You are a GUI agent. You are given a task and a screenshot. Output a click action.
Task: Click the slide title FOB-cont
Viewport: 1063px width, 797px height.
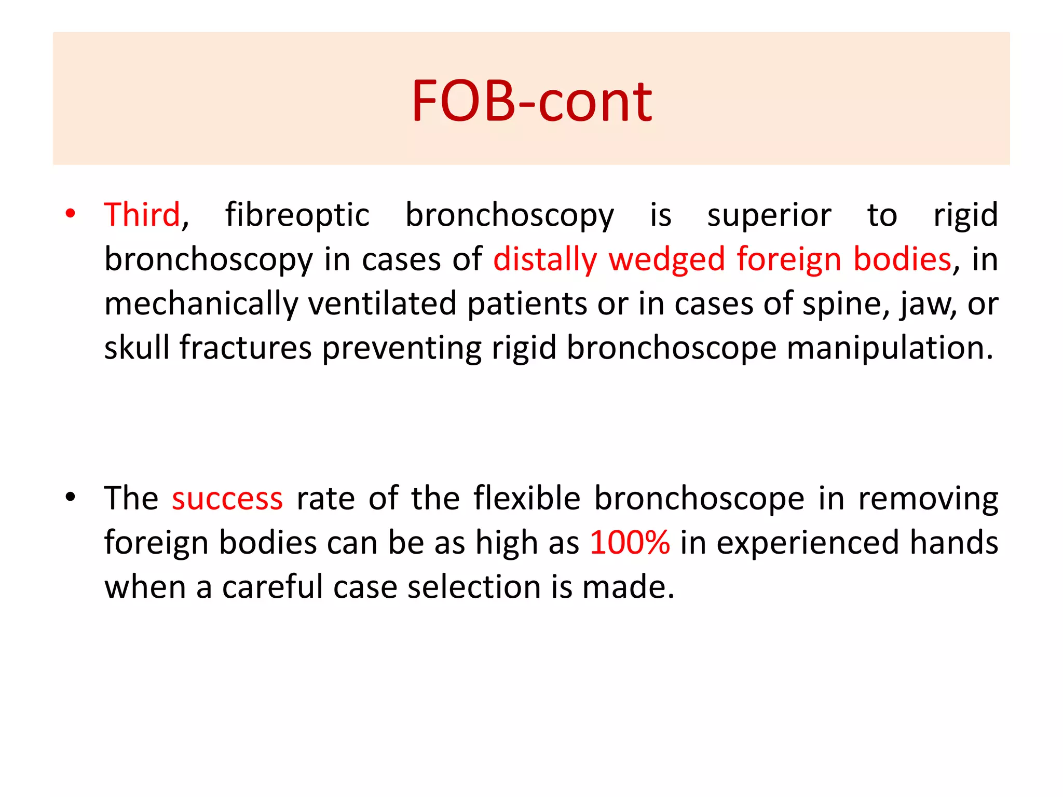pos(531,101)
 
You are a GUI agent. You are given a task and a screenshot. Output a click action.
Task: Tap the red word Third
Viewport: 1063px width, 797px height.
pos(142,215)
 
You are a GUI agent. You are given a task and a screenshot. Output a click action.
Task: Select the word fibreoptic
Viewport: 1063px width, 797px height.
pos(297,215)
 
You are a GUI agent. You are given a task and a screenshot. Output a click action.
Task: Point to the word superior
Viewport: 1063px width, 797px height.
pos(769,215)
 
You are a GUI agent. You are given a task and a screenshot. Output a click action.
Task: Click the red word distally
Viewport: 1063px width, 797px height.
pos(545,259)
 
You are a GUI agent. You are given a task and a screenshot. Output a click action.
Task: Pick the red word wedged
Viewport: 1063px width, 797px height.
pos(666,259)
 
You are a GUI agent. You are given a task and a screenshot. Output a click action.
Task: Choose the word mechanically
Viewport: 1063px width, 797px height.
pos(201,304)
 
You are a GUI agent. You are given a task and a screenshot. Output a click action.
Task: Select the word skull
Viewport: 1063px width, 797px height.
pos(137,347)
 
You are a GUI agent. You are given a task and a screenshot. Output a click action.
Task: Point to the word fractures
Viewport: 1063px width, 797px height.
pos(246,347)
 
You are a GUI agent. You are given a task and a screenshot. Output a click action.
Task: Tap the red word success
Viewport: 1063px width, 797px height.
pos(227,499)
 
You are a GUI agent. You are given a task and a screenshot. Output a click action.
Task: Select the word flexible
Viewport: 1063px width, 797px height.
pos(527,498)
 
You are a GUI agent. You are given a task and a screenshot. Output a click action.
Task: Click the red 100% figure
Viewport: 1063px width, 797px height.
pos(630,543)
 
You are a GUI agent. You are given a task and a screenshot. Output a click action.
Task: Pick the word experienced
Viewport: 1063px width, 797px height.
pos(808,543)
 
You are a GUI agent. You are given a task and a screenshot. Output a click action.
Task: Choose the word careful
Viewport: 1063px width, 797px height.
pos(272,587)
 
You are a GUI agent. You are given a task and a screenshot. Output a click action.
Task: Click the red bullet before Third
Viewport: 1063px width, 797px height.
pos(71,214)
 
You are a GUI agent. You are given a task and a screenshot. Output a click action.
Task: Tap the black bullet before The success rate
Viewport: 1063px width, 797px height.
pos(71,497)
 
